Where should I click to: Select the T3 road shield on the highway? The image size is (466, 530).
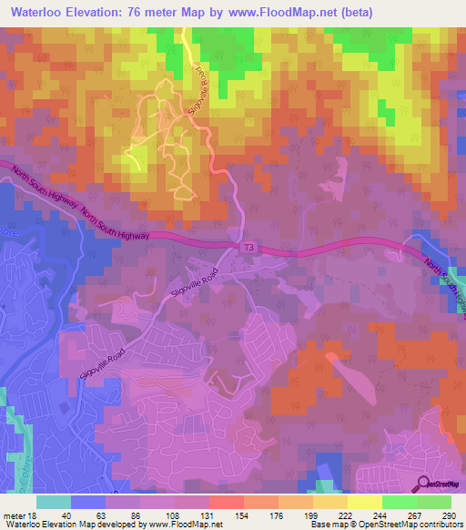coord(248,247)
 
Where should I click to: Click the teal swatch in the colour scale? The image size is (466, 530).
coord(54,502)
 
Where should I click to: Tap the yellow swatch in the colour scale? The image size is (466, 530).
coord(364,502)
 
